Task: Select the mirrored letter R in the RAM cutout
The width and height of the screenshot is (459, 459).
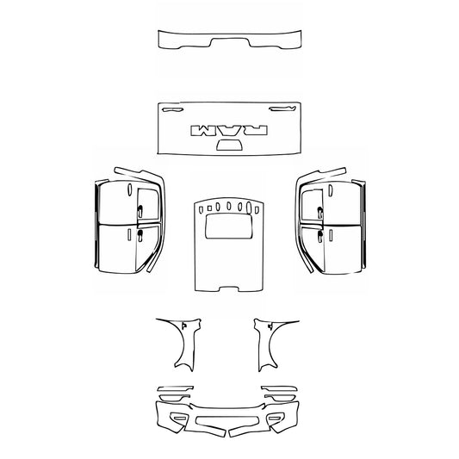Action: (257, 130)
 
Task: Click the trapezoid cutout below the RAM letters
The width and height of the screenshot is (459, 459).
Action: (228, 146)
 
